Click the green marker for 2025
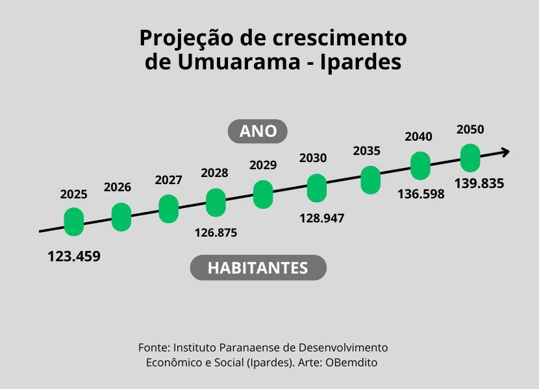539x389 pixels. point(74,222)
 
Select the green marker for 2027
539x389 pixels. point(168,209)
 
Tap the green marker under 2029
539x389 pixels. point(263,194)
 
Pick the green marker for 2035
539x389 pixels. point(370,180)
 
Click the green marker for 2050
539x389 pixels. point(470,158)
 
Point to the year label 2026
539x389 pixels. point(118,187)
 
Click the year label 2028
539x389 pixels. point(214,173)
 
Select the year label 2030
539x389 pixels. point(313,158)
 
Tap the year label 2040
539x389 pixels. point(418,137)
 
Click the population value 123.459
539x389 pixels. point(74,256)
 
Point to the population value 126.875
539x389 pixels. point(216,232)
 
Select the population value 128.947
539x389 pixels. point(321,218)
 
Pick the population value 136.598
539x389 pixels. point(421,194)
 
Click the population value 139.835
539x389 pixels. point(479,183)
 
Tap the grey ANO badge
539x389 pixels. point(258,132)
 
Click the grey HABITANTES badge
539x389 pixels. point(258,267)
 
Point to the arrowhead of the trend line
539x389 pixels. point(505,152)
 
